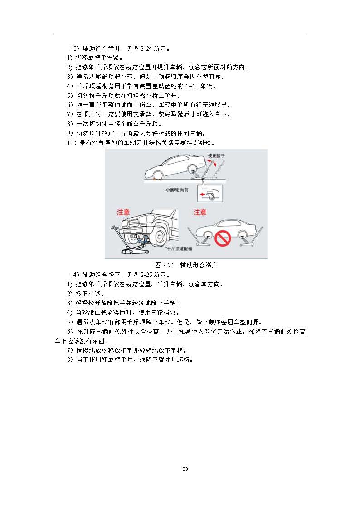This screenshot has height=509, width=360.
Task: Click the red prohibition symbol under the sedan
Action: click(x=223, y=238)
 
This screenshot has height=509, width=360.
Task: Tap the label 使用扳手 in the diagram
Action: click(x=217, y=155)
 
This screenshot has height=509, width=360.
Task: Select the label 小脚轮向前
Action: click(x=177, y=190)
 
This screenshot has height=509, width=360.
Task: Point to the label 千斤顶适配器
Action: click(x=180, y=249)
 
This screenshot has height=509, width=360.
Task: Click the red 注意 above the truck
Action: click(x=123, y=212)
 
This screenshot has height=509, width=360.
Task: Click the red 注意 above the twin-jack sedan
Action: click(x=200, y=212)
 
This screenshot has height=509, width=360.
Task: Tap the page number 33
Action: click(x=185, y=469)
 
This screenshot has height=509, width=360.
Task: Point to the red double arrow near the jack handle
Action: click(x=211, y=163)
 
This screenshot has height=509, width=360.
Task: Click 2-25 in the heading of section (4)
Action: click(x=147, y=275)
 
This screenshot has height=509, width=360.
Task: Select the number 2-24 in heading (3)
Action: click(x=147, y=48)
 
